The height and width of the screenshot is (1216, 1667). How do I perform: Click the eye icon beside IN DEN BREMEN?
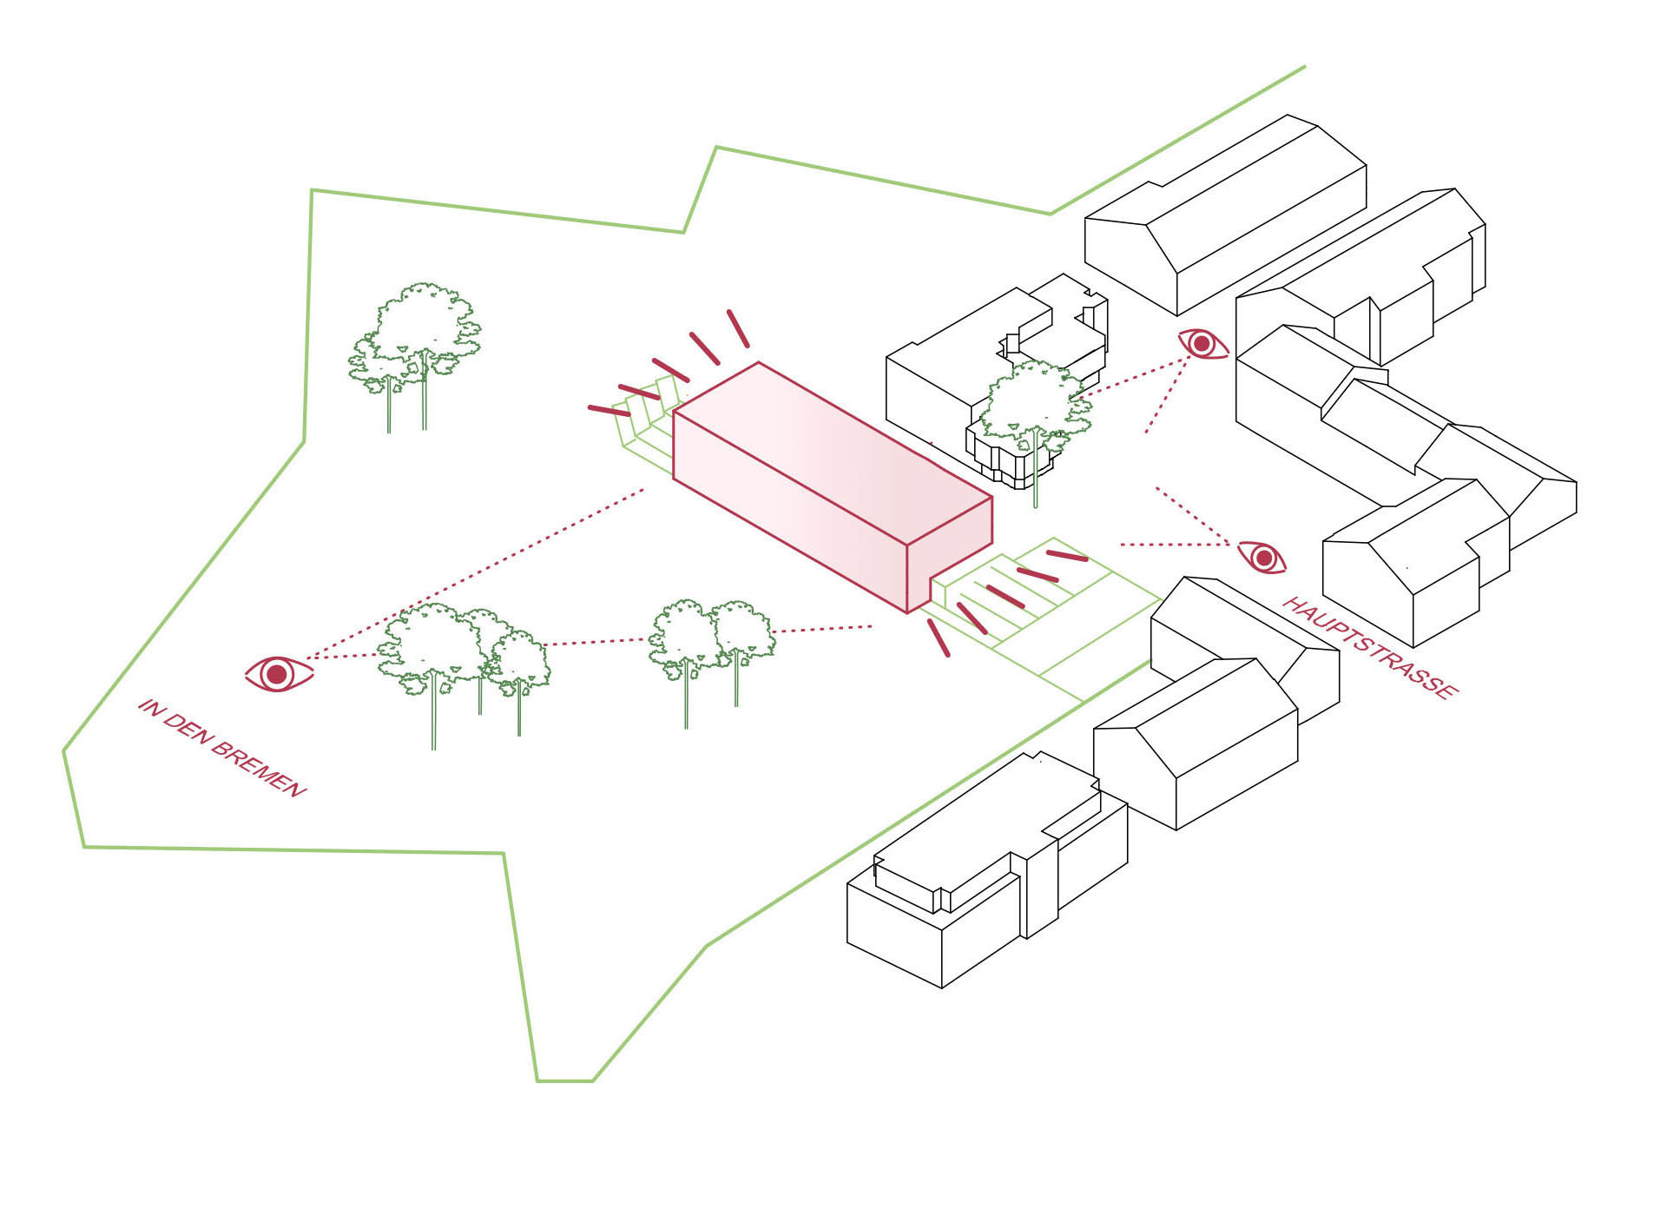pos(278,674)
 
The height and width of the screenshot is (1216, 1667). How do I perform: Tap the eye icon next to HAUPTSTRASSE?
pos(1262,557)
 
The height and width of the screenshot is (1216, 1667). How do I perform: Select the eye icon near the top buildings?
pos(1202,344)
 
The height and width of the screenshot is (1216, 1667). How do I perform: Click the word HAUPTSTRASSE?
pos(1370,647)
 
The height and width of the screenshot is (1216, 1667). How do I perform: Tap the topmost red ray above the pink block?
pos(738,328)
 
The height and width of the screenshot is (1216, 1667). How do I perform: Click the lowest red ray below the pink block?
pos(939,637)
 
